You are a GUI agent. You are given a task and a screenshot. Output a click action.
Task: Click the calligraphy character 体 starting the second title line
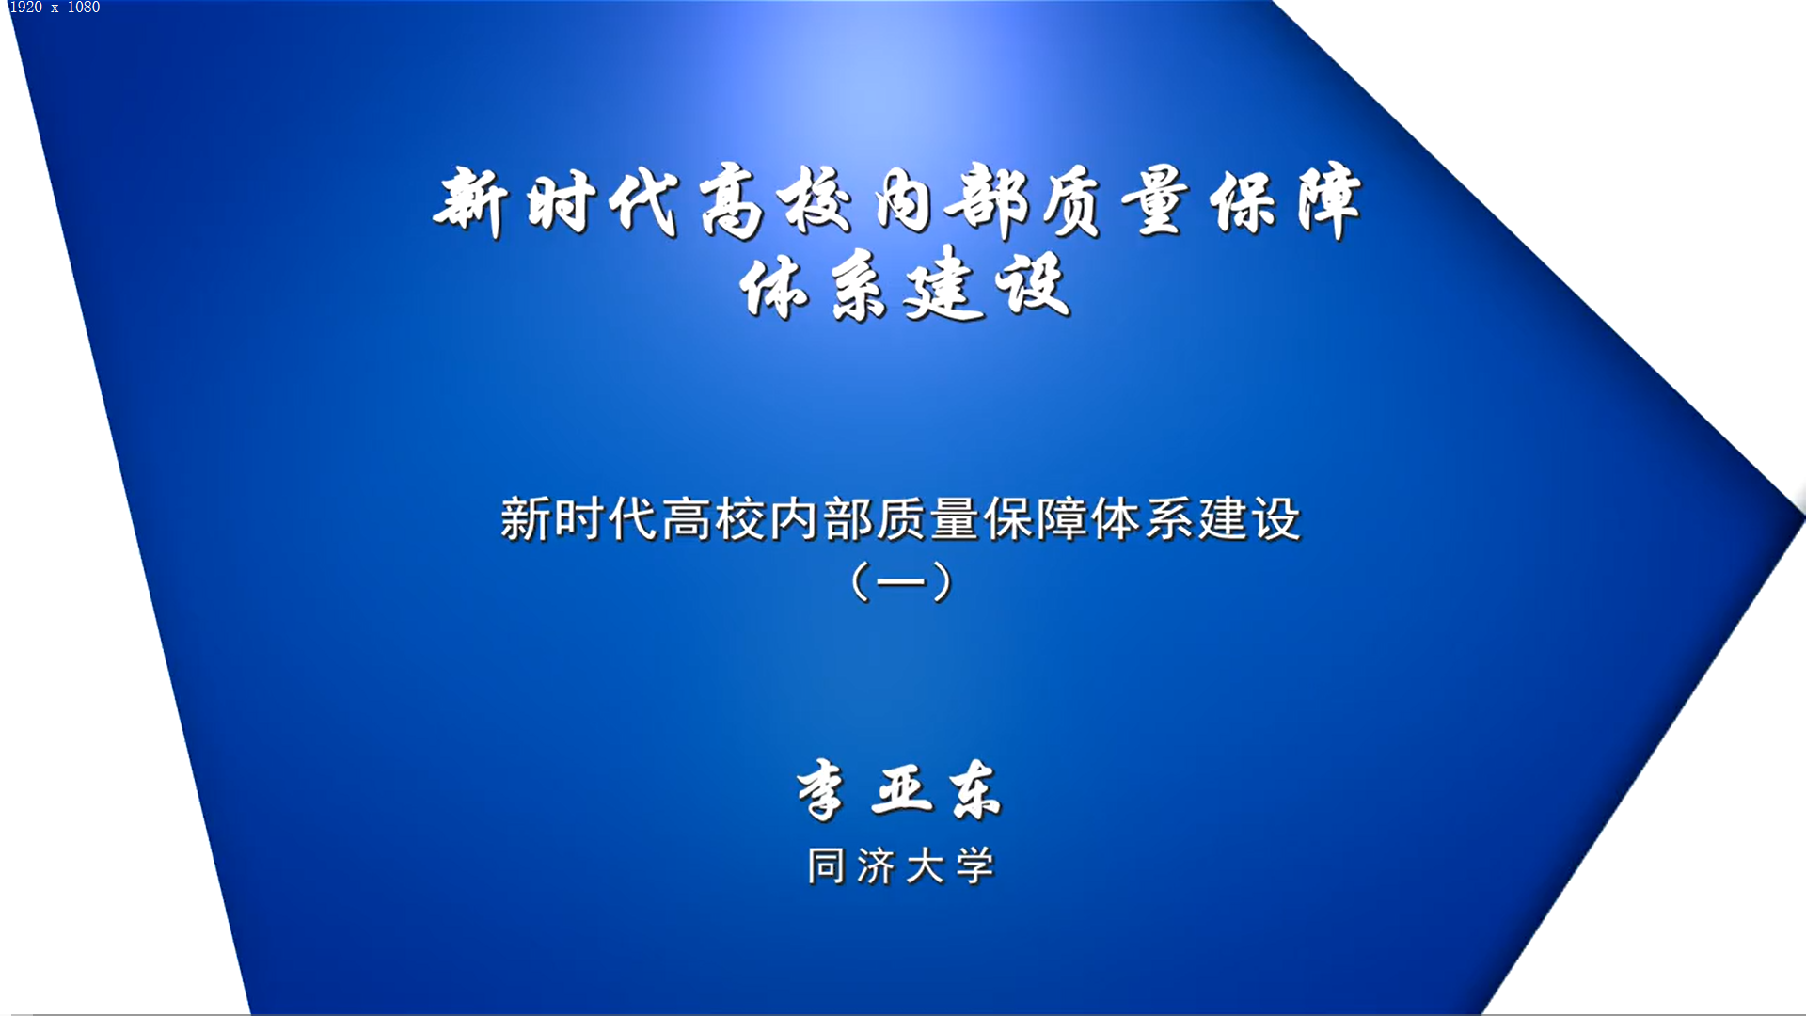click(773, 287)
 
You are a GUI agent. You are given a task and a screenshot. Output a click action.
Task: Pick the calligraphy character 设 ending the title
click(1033, 285)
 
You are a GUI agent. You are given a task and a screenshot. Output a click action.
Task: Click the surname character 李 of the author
click(820, 790)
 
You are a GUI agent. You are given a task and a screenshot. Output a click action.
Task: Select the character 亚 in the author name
click(902, 788)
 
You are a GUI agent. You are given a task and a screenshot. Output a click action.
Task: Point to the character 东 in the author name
click(974, 789)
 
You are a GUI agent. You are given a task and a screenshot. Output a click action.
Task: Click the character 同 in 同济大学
click(826, 865)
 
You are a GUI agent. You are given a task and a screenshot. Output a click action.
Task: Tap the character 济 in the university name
click(876, 866)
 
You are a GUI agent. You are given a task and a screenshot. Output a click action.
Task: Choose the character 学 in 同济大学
click(974, 865)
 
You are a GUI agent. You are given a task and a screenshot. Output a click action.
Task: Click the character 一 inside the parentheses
click(900, 582)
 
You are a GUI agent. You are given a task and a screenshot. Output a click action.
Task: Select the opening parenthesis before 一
click(859, 581)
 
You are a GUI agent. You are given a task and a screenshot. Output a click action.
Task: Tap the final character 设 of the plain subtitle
click(1276, 519)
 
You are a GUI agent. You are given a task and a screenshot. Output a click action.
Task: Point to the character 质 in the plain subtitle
click(901, 519)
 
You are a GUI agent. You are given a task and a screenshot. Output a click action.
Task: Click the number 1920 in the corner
click(25, 8)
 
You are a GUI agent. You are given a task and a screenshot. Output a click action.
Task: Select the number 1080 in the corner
click(83, 8)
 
